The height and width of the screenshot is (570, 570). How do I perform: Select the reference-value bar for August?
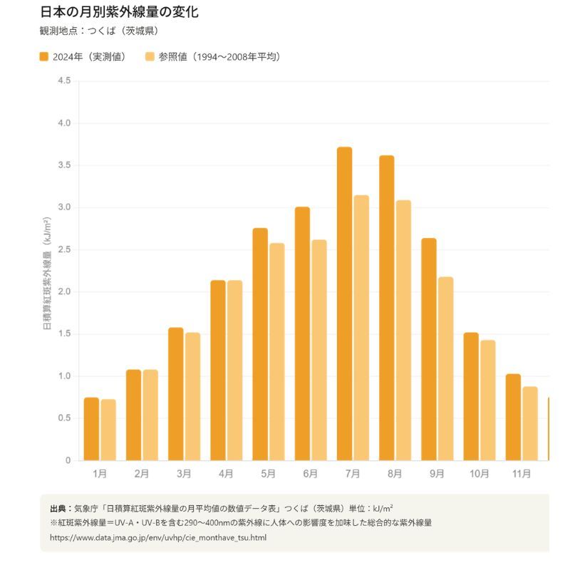[403, 331]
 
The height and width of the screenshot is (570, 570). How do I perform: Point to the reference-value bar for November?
[529, 423]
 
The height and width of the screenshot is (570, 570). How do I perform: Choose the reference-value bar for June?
[318, 350]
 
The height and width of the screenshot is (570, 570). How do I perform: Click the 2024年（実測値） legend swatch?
[44, 57]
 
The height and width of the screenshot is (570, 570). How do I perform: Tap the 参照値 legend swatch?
[150, 57]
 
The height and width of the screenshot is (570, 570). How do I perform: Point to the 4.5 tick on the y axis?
[64, 81]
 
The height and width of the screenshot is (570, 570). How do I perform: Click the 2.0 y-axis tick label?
[64, 291]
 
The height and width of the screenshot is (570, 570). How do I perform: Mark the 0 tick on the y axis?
[68, 460]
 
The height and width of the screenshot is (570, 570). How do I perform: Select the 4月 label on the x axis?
[226, 474]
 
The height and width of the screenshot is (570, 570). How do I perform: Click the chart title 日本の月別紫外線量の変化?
[119, 12]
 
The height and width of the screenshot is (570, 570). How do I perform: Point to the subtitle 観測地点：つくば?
[99, 31]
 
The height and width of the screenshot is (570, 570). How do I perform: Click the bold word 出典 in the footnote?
[58, 508]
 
